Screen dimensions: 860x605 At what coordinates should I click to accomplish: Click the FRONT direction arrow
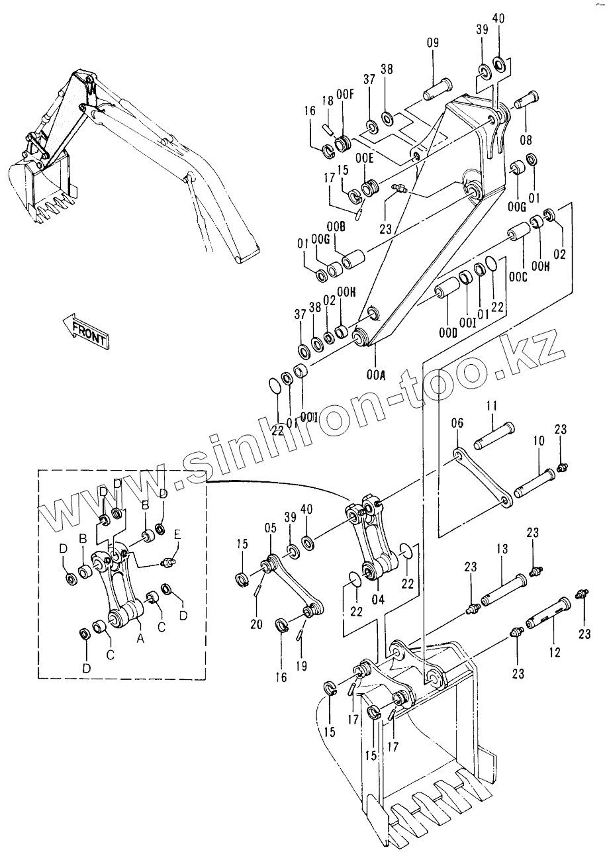(85, 330)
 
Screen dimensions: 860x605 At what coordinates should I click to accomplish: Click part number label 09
(433, 44)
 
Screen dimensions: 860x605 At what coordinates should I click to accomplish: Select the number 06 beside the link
(456, 422)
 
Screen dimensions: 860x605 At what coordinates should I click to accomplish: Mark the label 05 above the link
(270, 528)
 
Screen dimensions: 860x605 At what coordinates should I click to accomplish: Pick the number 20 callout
(256, 624)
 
